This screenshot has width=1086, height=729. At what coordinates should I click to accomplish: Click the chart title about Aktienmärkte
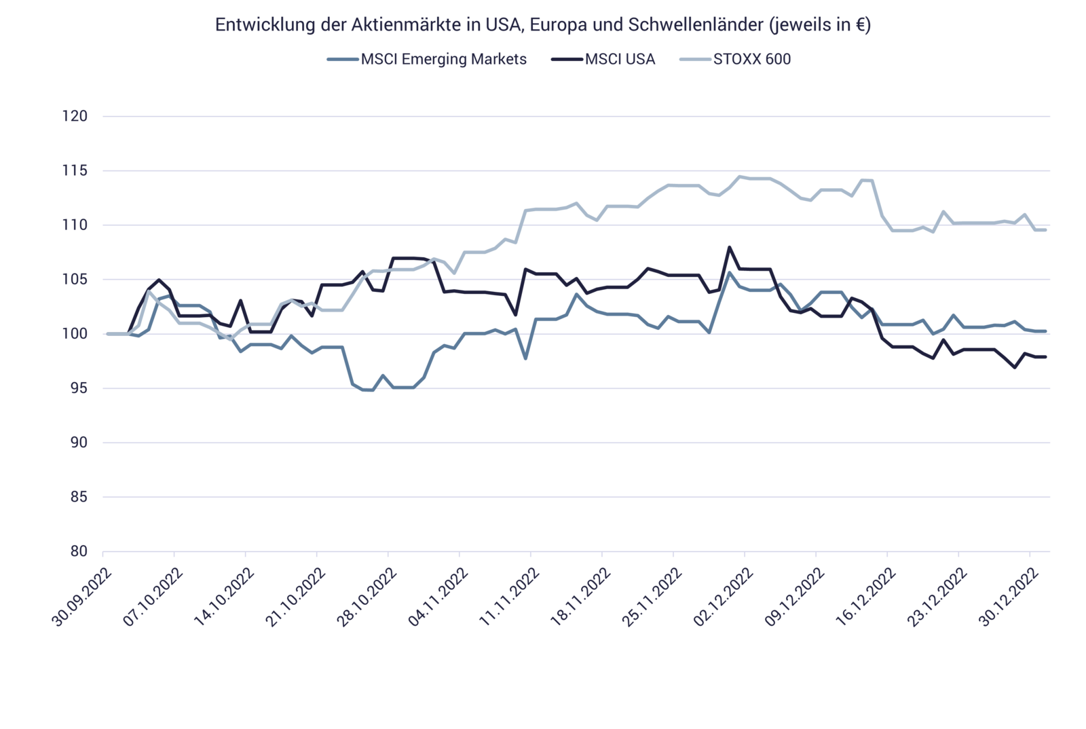point(542,25)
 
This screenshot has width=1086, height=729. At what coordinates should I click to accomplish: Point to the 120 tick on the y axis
point(75,117)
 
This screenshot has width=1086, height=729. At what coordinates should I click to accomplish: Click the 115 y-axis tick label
point(75,171)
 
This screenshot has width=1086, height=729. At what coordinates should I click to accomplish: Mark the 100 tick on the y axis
point(75,334)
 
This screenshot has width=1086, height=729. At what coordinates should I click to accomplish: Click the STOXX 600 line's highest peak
point(740,176)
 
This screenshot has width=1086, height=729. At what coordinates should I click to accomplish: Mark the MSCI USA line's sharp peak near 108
point(729,247)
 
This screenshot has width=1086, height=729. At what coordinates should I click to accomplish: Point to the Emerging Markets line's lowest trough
point(367,390)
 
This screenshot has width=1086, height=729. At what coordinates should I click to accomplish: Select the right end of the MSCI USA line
point(1046,357)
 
